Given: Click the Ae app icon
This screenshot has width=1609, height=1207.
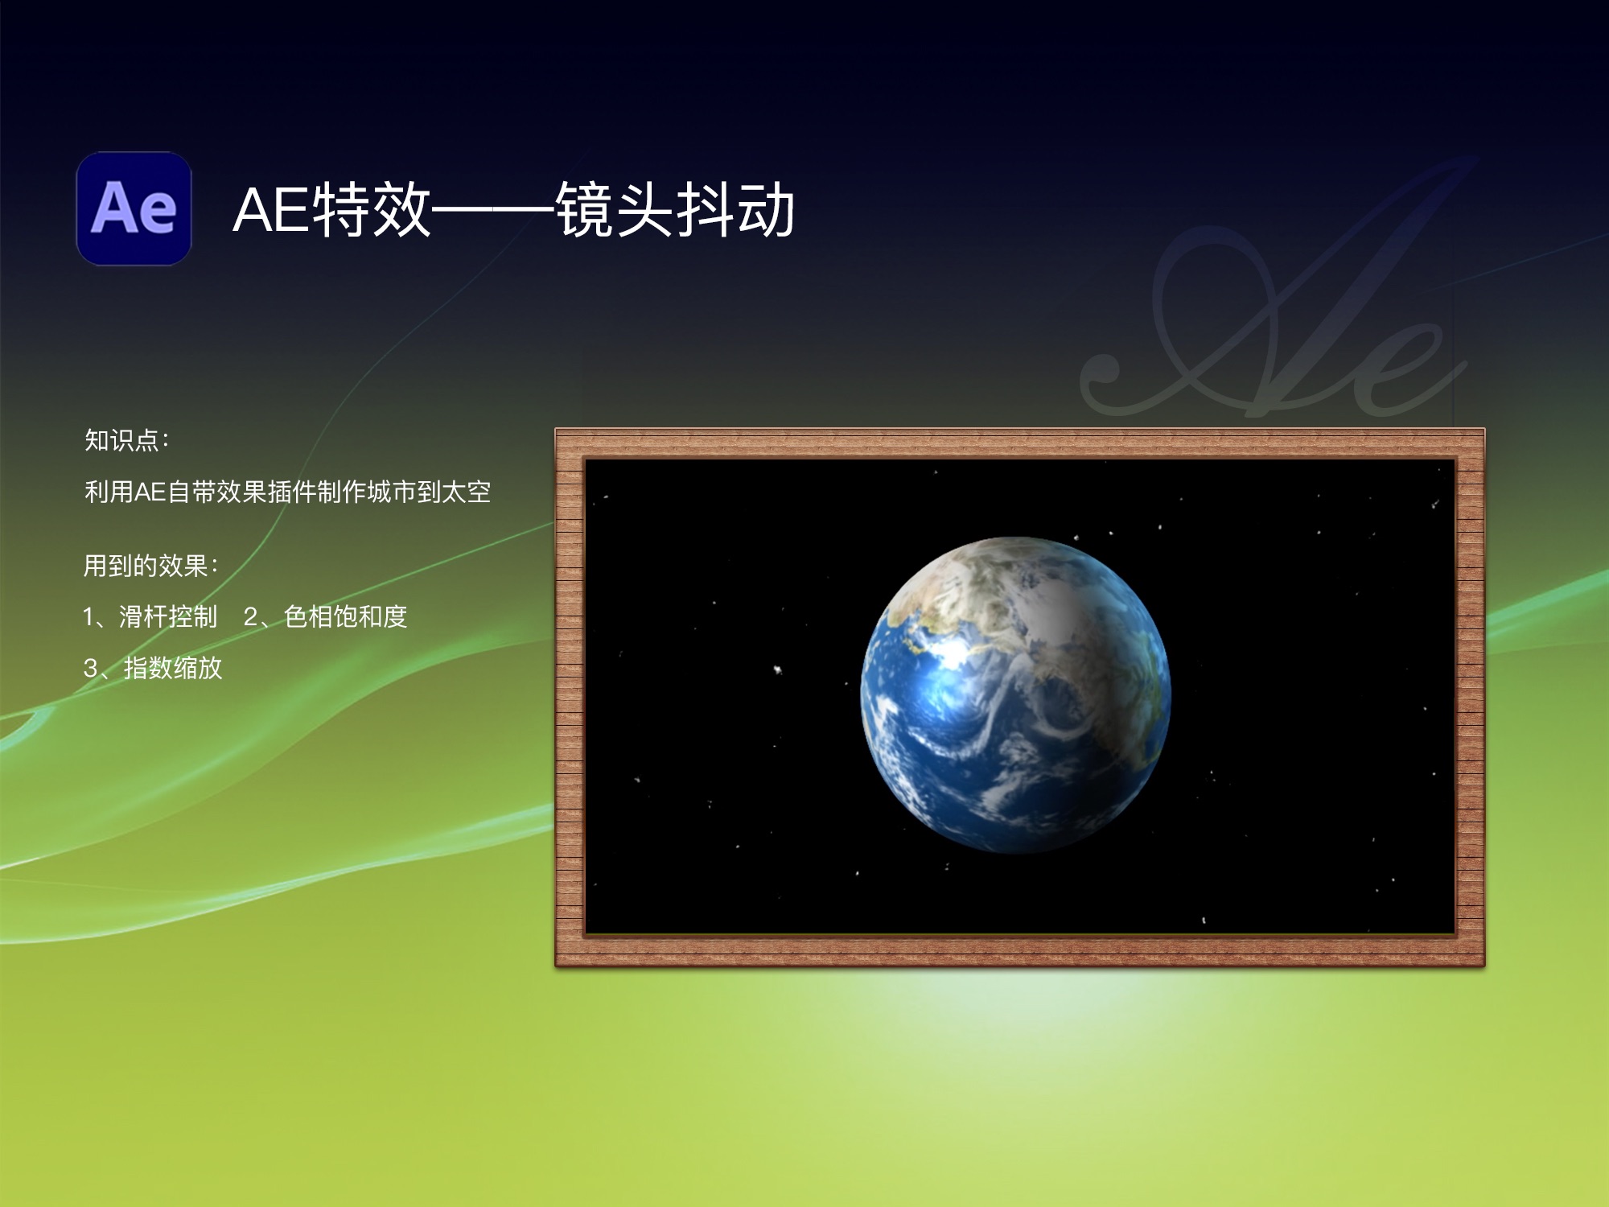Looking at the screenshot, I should coord(134,208).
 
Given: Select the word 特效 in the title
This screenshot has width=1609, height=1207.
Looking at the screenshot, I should coord(372,210).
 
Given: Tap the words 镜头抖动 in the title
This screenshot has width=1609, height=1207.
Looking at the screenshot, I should coord(675,210).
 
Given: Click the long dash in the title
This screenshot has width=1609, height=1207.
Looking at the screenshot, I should coord(492,212).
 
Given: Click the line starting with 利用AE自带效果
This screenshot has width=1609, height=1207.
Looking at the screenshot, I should coord(287,492).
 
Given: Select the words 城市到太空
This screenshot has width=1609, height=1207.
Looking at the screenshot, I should coord(428,492).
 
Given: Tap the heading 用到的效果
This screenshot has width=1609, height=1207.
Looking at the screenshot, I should coord(146,566).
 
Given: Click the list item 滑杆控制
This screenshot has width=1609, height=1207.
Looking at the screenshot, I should coord(167,617).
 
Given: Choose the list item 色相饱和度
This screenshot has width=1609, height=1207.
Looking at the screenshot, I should coord(345,617).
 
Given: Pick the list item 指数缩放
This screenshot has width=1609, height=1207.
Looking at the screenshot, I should coord(172,668).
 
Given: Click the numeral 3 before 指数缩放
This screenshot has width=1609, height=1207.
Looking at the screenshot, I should coord(91,668).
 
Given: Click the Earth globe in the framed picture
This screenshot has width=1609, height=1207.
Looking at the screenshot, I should coord(1015,694).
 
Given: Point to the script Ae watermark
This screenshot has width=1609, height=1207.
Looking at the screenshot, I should coord(1279,322).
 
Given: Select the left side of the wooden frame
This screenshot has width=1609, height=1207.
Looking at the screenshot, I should coord(570,697).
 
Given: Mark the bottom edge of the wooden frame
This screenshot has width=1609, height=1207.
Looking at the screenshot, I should coord(1019,950).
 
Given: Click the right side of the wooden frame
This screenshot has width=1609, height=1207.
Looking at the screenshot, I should coord(1470,697).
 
